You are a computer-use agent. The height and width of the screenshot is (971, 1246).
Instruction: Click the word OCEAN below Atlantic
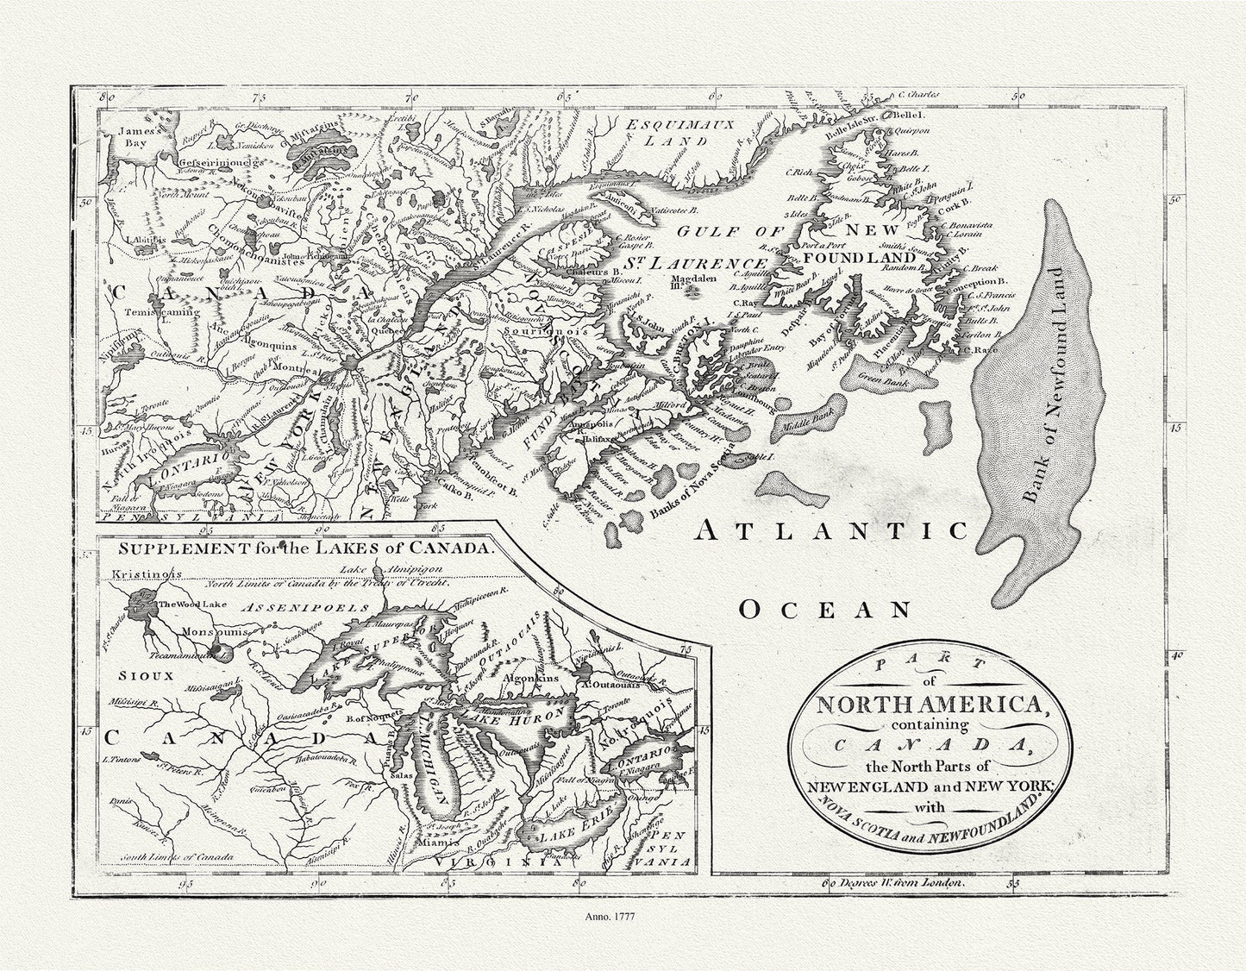(826, 610)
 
